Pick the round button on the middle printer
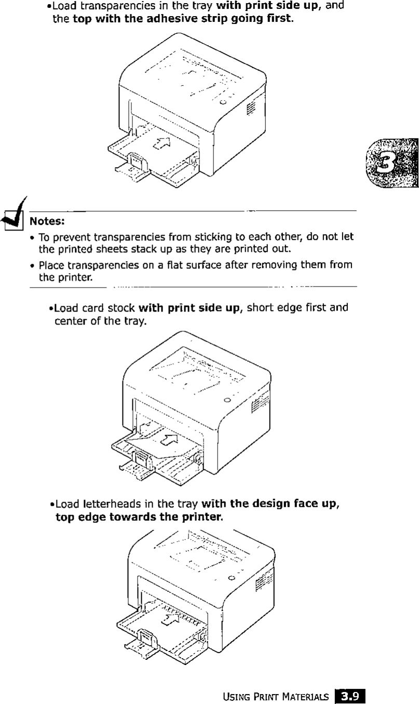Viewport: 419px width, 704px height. pos(227,400)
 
